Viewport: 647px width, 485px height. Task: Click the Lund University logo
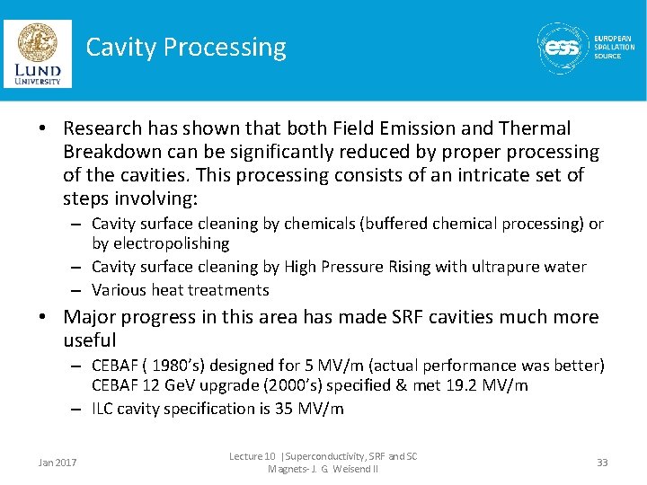click(38, 53)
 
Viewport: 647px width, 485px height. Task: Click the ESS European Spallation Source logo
click(585, 48)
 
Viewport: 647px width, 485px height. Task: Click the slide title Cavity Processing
click(186, 48)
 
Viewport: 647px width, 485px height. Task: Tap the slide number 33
click(601, 463)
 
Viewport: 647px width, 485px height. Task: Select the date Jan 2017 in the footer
click(58, 463)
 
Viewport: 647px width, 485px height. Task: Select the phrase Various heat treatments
click(180, 290)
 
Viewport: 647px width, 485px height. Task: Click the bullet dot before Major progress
click(44, 317)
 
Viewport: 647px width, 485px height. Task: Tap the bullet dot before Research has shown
click(44, 129)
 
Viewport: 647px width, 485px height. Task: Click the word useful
click(90, 340)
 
